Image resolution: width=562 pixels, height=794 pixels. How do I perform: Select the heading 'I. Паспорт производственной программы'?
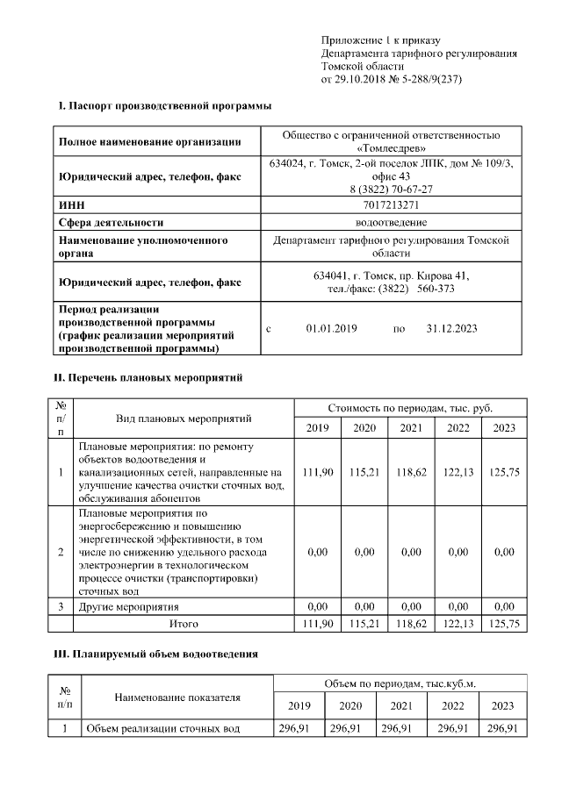click(x=164, y=106)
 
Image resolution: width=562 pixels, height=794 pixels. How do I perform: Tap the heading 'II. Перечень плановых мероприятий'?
click(x=148, y=378)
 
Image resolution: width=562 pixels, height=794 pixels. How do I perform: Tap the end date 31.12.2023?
click(x=451, y=329)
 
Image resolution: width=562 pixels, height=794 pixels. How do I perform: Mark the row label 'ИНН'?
click(x=71, y=204)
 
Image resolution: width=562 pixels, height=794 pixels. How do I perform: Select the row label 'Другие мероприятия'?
click(x=129, y=606)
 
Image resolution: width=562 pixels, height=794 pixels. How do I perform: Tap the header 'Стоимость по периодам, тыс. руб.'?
click(x=410, y=408)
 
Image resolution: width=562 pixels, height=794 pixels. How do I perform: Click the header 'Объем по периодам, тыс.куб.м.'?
click(x=400, y=683)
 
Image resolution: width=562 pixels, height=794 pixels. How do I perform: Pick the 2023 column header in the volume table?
click(x=502, y=705)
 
